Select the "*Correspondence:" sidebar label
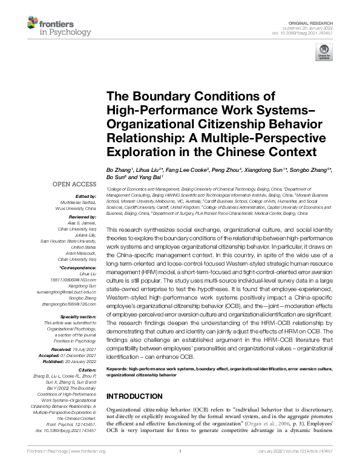pos(78,267)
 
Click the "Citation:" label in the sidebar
pos(87,369)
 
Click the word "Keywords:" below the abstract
pos(117,369)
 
